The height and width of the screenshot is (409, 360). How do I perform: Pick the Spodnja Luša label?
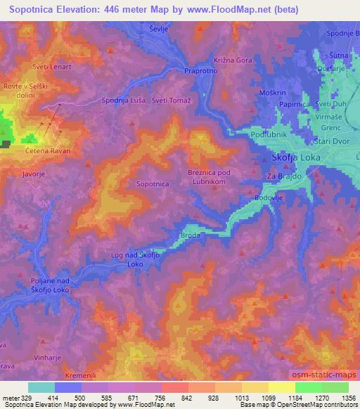click(124, 100)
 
